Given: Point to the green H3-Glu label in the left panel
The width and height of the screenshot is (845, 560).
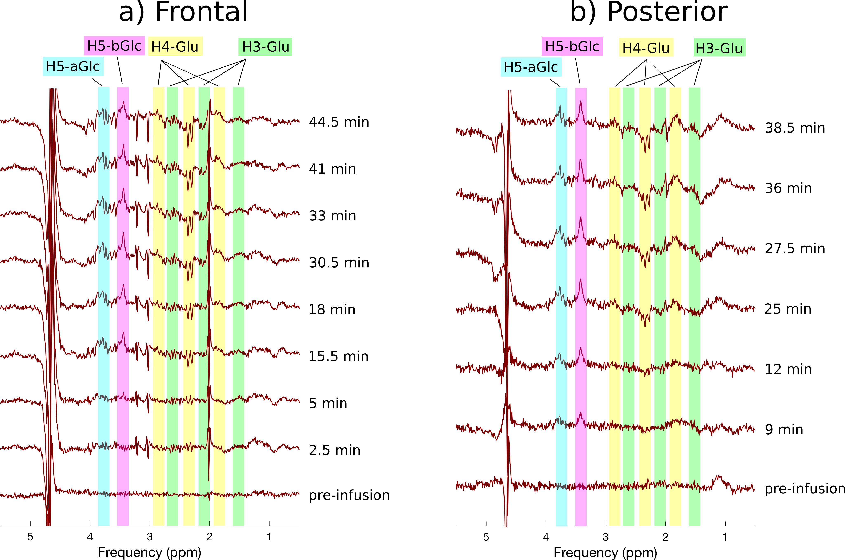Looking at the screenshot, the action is [265, 47].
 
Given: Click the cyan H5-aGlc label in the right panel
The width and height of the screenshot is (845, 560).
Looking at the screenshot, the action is [531, 67].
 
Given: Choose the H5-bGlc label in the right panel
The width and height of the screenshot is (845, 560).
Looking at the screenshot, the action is [572, 46].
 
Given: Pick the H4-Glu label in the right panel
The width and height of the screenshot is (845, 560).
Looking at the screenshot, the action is [646, 47].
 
